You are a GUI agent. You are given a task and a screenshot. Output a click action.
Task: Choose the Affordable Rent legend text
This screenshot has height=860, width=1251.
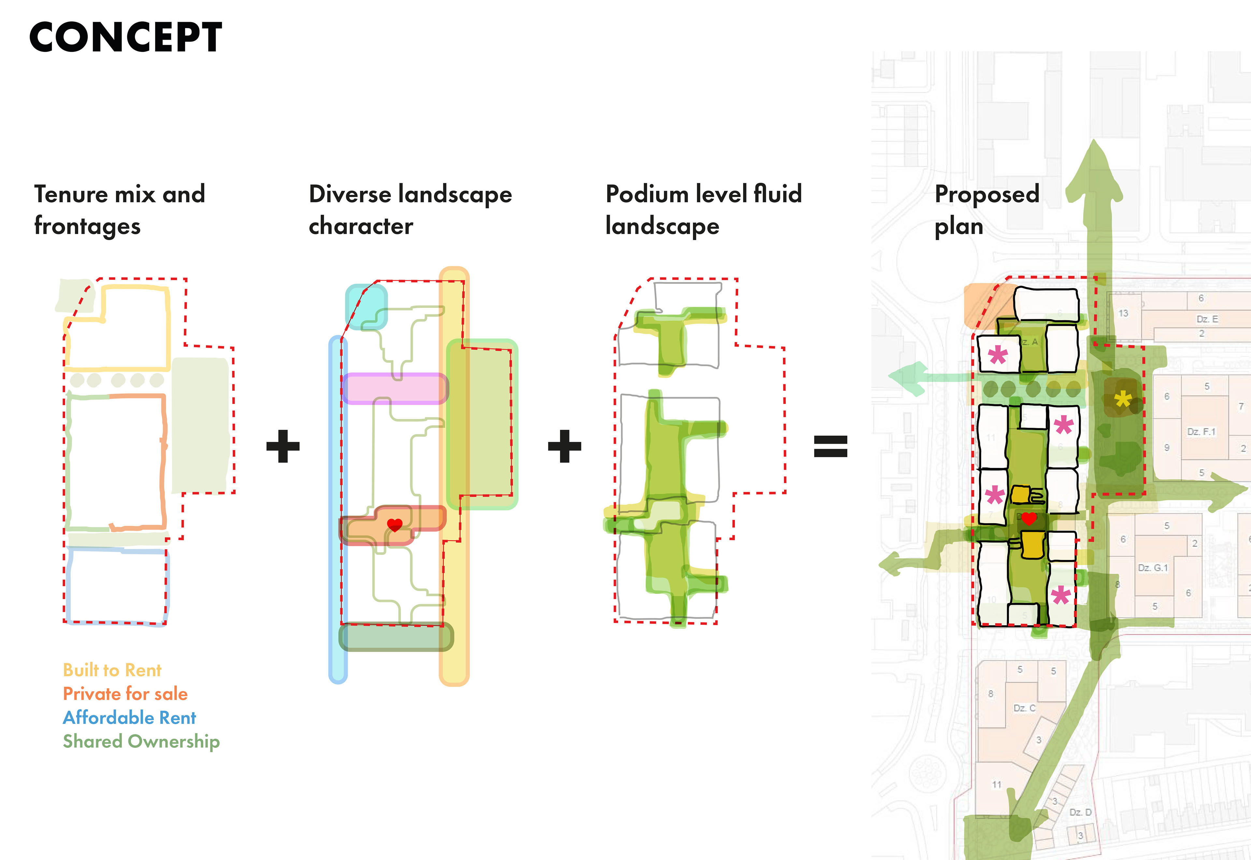pos(129,717)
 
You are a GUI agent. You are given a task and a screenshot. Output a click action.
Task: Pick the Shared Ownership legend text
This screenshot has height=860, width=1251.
pos(141,741)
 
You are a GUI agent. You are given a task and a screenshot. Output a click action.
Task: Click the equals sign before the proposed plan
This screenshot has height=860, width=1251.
pos(830,446)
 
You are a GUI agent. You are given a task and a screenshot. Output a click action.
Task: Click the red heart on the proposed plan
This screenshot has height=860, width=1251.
pos(1029,518)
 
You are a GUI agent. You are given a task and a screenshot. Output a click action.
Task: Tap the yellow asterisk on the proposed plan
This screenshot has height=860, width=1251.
pos(1123,400)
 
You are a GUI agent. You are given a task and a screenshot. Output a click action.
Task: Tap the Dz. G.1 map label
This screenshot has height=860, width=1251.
pos(1152,567)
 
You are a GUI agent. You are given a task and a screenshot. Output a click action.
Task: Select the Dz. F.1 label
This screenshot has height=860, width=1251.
pos(1201,432)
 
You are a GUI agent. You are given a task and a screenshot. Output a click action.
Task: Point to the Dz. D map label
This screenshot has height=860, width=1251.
pos(1080,812)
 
